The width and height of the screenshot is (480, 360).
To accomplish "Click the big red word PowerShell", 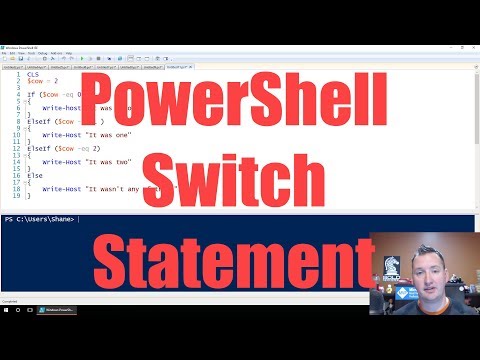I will (x=240, y=103).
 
